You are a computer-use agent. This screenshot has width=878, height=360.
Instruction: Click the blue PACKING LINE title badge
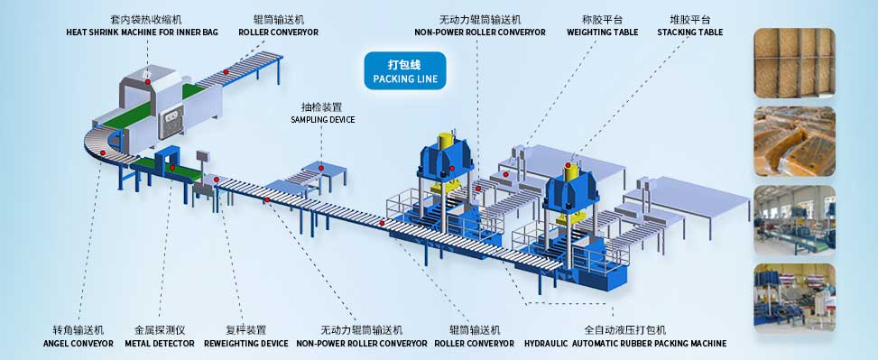404,71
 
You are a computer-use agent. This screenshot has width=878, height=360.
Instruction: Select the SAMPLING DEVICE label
322,119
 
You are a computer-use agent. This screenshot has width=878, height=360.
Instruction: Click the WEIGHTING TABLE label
602,32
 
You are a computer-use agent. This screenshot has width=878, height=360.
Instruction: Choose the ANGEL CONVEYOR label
79,343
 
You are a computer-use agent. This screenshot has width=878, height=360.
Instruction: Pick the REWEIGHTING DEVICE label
246,343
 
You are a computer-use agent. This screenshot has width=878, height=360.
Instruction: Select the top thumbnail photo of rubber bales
794,60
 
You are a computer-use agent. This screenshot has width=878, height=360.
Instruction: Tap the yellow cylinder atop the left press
445,143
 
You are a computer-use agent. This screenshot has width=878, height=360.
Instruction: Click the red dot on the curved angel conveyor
105,153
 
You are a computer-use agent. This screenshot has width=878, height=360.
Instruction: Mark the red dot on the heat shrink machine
149,69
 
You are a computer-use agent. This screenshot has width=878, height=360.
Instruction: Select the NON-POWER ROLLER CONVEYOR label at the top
479,32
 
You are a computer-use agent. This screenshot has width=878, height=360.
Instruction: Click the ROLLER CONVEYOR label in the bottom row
474,343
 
